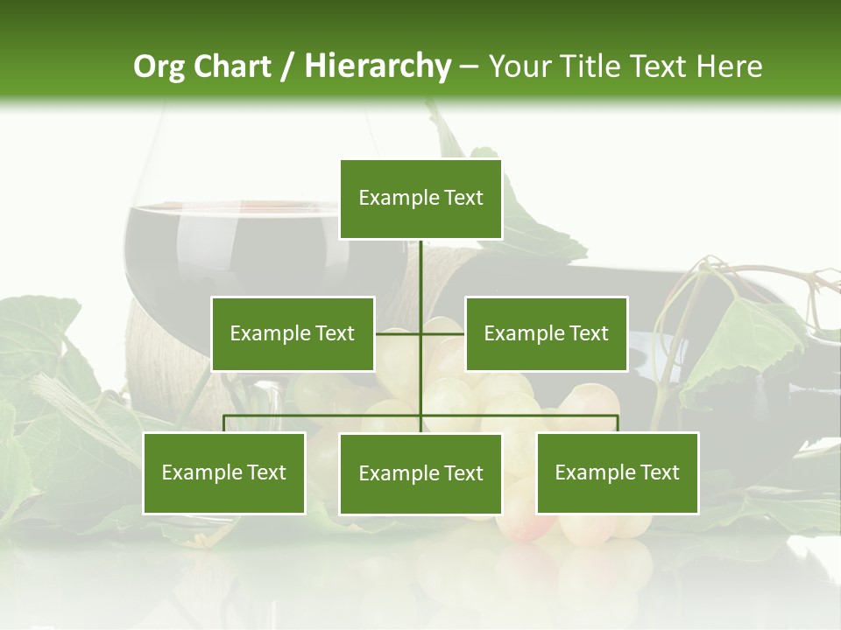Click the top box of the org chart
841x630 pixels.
pyautogui.click(x=420, y=199)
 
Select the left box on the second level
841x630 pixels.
pyautogui.click(x=293, y=333)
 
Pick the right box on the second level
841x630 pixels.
pyautogui.click(x=546, y=333)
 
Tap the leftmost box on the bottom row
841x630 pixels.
pyautogui.click(x=224, y=472)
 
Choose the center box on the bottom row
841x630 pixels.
pyautogui.click(x=420, y=473)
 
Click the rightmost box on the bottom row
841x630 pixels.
pyautogui.click(x=617, y=472)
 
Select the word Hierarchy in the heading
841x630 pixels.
pyautogui.click(x=377, y=66)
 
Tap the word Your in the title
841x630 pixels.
pyautogui.click(x=519, y=66)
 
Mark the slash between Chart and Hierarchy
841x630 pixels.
pyautogui.click(x=287, y=66)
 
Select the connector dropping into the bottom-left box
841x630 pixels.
pyautogui.click(x=224, y=423)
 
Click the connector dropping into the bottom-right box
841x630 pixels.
pyautogui.click(x=618, y=423)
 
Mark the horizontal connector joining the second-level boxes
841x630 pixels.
pyautogui.click(x=420, y=333)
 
